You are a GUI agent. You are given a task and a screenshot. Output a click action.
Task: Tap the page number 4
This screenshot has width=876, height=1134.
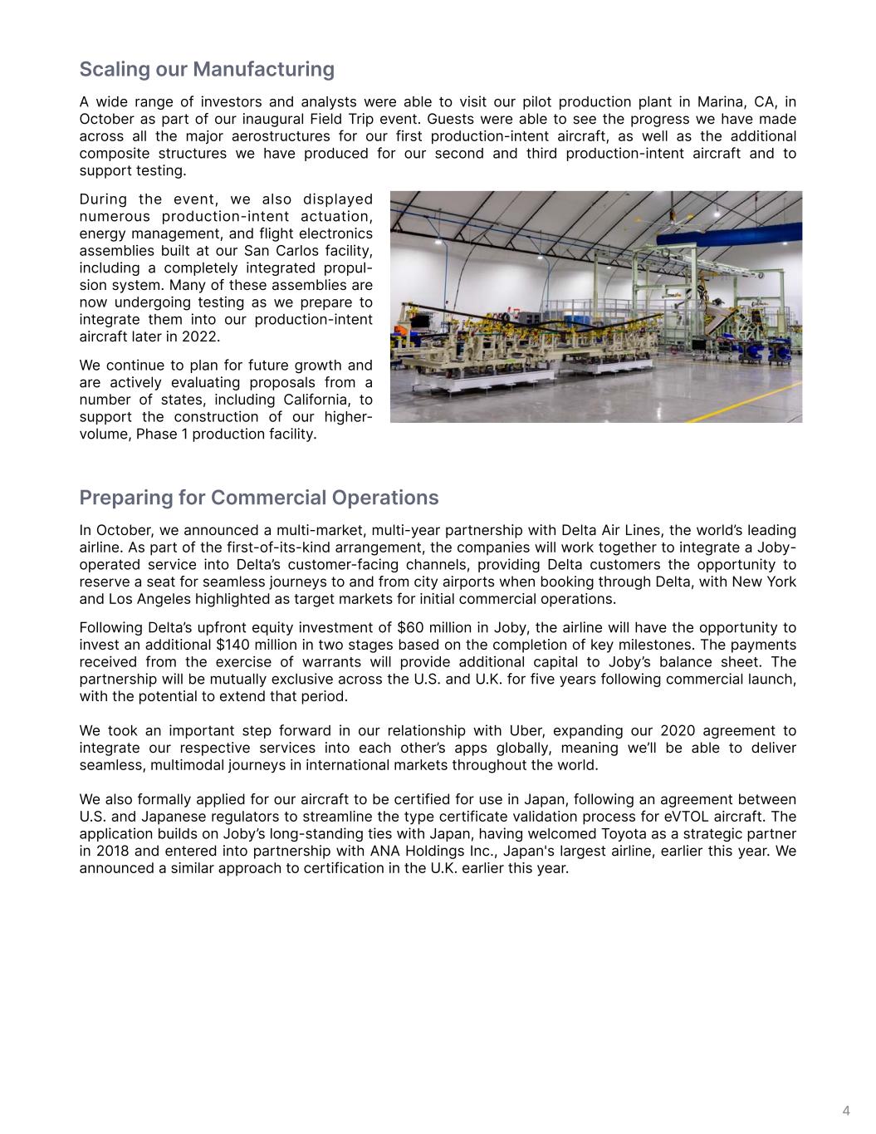846,1111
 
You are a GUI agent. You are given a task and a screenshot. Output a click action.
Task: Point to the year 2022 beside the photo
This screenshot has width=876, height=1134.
205,336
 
